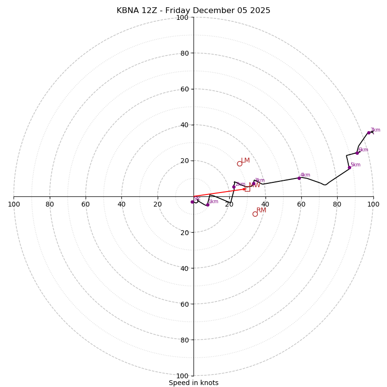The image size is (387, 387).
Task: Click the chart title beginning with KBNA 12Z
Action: pyautogui.click(x=193, y=11)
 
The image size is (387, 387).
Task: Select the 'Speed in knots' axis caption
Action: pyautogui.click(x=193, y=383)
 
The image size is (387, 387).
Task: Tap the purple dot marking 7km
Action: pyautogui.click(x=369, y=133)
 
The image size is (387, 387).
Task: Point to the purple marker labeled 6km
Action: pyautogui.click(x=357, y=153)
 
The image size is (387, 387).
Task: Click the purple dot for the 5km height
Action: pyautogui.click(x=349, y=167)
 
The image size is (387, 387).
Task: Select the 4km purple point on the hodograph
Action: pyautogui.click(x=299, y=178)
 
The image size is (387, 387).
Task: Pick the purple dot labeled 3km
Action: pyautogui.click(x=253, y=183)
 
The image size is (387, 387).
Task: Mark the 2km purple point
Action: pyautogui.click(x=234, y=187)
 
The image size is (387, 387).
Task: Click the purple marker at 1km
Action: pyautogui.click(x=208, y=205)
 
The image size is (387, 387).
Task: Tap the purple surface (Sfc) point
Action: pyautogui.click(x=192, y=202)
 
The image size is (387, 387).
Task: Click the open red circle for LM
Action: pyautogui.click(x=239, y=164)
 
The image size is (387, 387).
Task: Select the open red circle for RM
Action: pyautogui.click(x=255, y=214)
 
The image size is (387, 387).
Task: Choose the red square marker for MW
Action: pyautogui.click(x=247, y=189)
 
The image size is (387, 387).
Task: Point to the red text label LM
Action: pyautogui.click(x=245, y=160)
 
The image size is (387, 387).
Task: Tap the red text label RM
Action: pyautogui.click(x=261, y=210)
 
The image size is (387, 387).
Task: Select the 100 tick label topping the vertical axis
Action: pyautogui.click(x=182, y=17)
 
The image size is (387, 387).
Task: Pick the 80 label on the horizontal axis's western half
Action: pyautogui.click(x=50, y=204)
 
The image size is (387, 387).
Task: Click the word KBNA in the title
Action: pyautogui.click(x=127, y=11)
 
